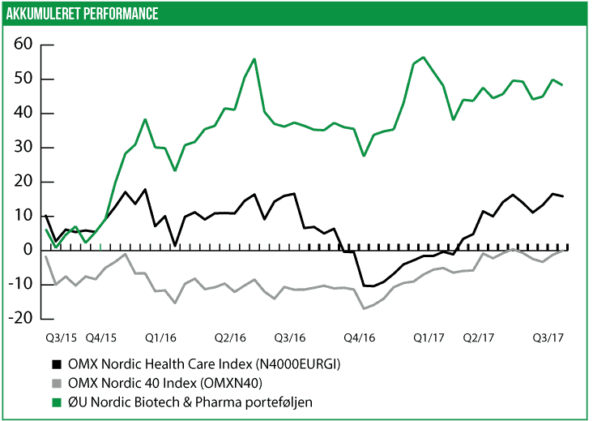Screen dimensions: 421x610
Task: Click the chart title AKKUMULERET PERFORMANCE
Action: coord(82,14)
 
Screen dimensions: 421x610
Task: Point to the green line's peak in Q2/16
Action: coord(254,59)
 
